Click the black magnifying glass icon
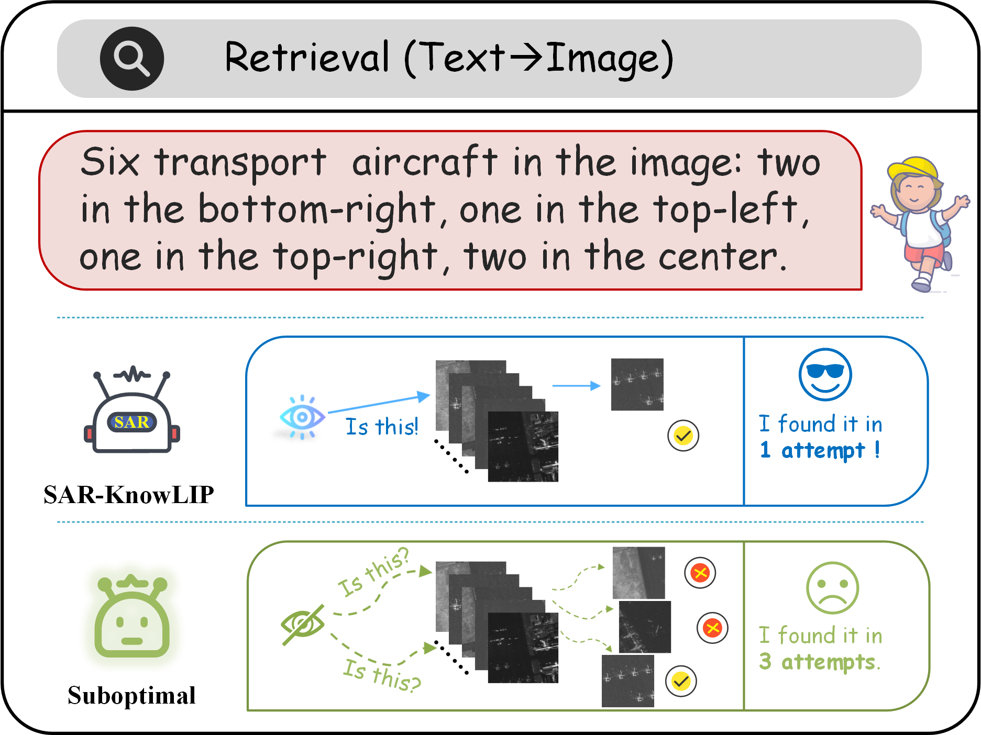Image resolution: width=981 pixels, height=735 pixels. (131, 59)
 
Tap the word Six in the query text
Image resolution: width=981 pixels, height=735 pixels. (111, 162)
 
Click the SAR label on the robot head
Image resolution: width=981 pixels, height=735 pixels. (132, 422)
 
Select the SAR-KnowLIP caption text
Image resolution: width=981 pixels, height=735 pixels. (129, 495)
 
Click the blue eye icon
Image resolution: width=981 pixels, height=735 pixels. (302, 417)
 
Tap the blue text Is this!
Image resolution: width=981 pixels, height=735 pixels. (382, 427)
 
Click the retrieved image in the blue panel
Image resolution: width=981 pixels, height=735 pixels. (637, 384)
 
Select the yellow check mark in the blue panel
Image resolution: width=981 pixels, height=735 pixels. (683, 436)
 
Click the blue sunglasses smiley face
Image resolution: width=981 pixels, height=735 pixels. (825, 374)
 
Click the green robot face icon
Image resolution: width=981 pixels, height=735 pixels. (132, 618)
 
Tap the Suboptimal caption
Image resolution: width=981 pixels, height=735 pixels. (131, 696)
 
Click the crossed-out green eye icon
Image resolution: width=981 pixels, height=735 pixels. (303, 625)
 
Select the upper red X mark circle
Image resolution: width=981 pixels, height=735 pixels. (700, 573)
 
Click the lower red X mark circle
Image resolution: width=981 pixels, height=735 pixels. (712, 628)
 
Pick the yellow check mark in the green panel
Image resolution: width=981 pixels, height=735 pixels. (681, 681)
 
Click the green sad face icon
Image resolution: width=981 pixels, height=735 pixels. (832, 588)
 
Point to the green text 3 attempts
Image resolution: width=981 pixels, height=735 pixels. (820, 662)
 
